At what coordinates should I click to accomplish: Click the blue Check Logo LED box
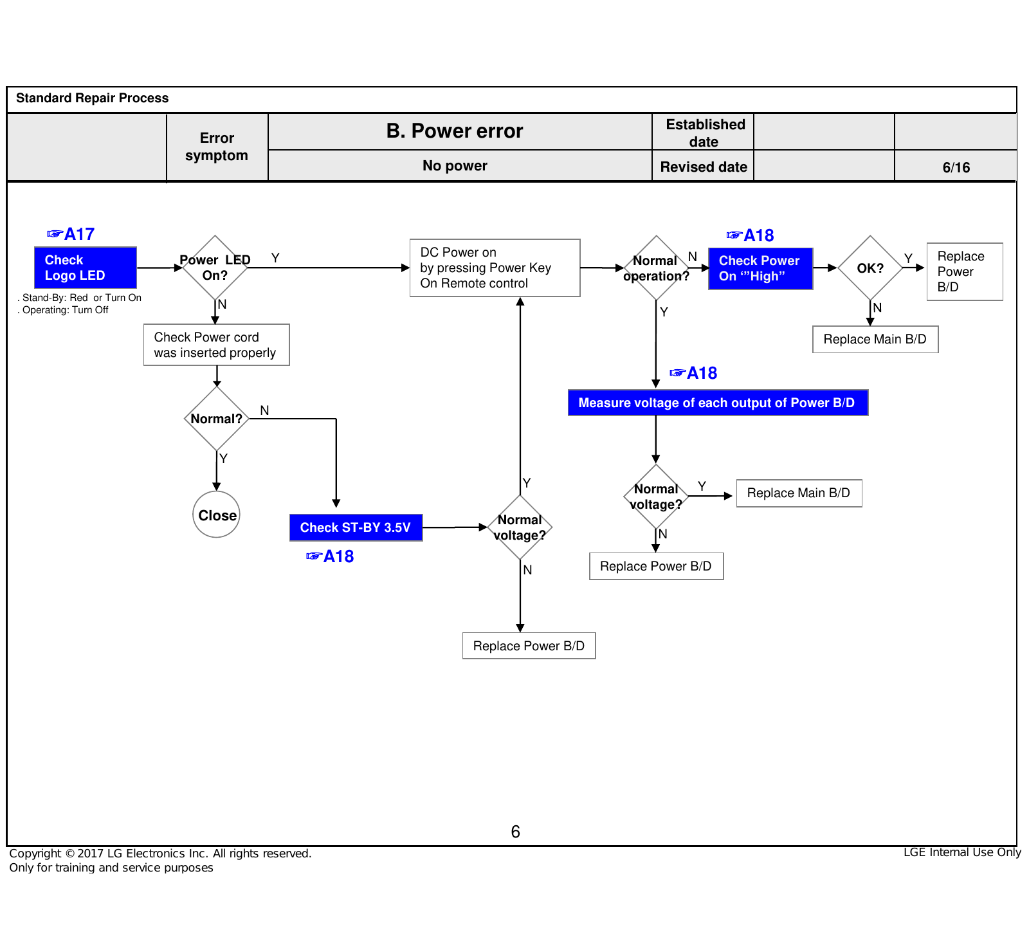coord(86,268)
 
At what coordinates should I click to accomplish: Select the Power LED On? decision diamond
coord(215,268)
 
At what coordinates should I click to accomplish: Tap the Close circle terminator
coord(217,515)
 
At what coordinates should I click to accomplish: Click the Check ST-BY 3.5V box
coord(356,527)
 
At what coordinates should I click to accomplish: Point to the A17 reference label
coord(71,234)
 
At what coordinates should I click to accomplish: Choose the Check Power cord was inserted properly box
coord(217,345)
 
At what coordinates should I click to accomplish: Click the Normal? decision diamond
coord(217,418)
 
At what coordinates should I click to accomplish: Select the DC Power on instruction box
coord(495,268)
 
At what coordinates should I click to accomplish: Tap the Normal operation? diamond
coord(656,268)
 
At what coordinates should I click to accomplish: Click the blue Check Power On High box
coord(761,268)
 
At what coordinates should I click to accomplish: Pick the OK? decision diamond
coord(870,268)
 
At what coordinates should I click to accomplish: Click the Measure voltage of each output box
coord(718,403)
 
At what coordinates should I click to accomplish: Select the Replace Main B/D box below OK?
coord(875,340)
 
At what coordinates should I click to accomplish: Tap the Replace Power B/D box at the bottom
coord(529,646)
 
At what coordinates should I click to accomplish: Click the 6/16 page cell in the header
coord(956,167)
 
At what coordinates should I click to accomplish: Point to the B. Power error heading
coord(455,131)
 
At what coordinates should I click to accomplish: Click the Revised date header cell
coord(703,167)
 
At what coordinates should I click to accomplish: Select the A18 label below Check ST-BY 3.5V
coord(330,556)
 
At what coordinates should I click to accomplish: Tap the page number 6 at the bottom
coord(515,832)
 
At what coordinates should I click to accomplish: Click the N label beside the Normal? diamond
coord(264,410)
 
